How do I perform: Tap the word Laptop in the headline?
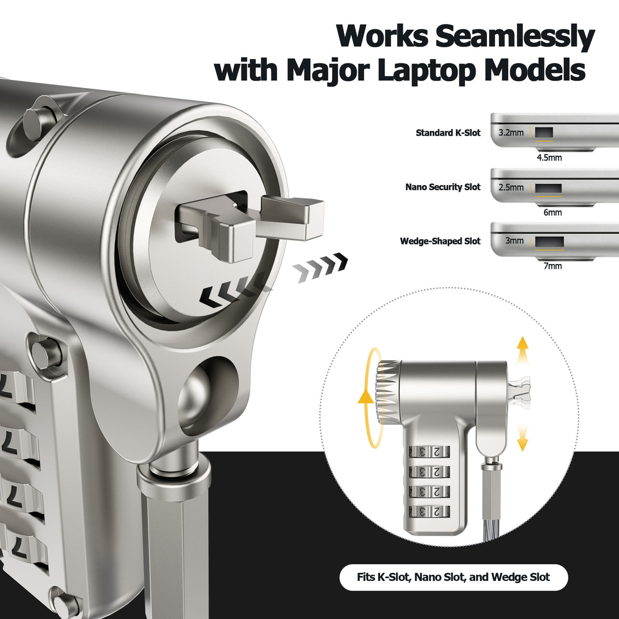coord(426,71)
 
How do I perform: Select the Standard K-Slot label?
coord(448,133)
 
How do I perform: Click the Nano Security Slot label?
coord(443,187)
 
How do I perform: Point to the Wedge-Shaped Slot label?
coord(441,241)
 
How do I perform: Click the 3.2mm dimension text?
coord(511,133)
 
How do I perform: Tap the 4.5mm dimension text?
coord(549,158)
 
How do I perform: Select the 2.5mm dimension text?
coord(511,187)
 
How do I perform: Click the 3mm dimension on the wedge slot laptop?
coord(514,240)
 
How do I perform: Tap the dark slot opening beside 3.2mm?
coord(544,133)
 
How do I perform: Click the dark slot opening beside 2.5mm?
coord(548,188)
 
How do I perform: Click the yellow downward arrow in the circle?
coord(523,437)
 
